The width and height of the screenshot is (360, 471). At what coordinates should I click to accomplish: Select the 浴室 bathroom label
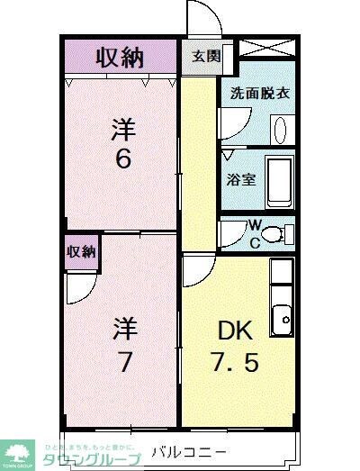tap(240, 178)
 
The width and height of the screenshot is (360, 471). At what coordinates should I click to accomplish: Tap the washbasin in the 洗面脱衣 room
tap(279, 129)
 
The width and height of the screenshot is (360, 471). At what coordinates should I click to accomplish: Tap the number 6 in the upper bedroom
tap(123, 159)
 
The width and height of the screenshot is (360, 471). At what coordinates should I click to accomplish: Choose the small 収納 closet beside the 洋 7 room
tap(81, 252)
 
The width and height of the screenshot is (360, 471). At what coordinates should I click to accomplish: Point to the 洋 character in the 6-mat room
tap(123, 128)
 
